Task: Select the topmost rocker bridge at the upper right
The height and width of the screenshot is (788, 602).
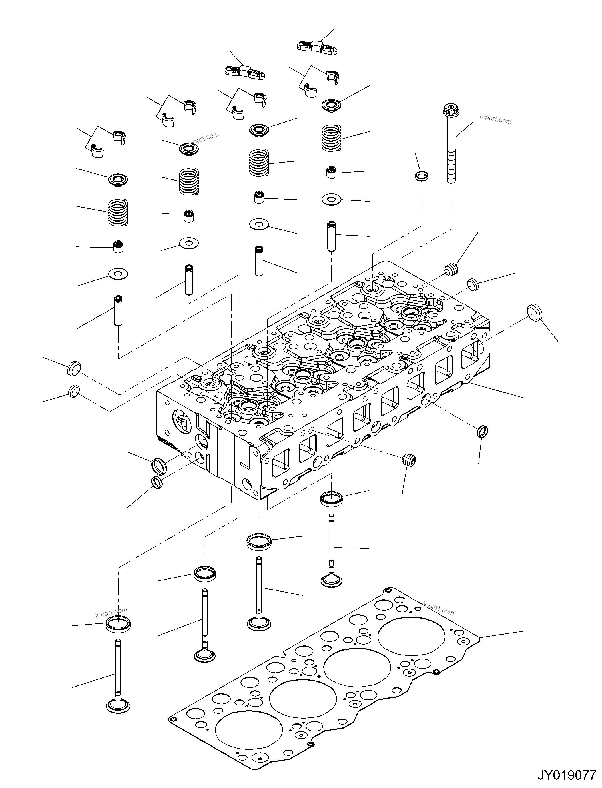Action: pos(317,47)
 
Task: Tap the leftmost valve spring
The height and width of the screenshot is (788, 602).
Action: pos(118,212)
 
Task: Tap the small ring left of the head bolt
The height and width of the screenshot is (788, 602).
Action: pos(422,176)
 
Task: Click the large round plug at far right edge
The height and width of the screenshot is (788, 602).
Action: pos(535,312)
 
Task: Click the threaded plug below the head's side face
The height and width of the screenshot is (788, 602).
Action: pos(409,460)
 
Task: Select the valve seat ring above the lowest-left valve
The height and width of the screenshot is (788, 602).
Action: pos(118,624)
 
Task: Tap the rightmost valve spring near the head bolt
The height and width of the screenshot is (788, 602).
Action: pos(331,137)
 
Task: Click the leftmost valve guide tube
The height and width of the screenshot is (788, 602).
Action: pos(118,310)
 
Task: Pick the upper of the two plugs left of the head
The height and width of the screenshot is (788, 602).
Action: pos(74,368)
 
